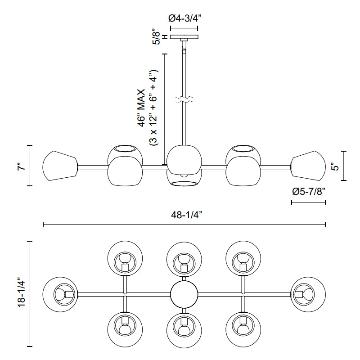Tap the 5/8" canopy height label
pyautogui.click(x=157, y=37)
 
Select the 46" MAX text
pyautogui.click(x=143, y=108)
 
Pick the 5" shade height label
pyautogui.click(x=334, y=166)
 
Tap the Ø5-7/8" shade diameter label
pyautogui.click(x=308, y=192)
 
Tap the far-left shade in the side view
pyautogui.click(x=59, y=166)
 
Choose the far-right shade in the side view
pyautogui.click(x=309, y=166)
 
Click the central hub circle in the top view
pyautogui.click(x=184, y=294)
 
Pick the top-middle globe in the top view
pyautogui.click(x=184, y=259)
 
